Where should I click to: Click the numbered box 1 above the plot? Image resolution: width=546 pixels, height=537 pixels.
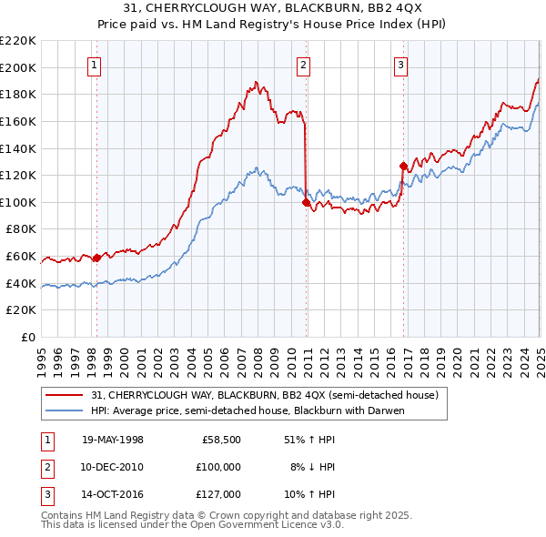[x=96, y=64]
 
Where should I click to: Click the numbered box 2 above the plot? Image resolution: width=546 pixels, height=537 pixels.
[x=303, y=64]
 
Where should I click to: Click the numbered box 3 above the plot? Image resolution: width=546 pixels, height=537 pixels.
[x=401, y=64]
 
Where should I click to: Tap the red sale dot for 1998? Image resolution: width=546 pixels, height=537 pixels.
[x=97, y=258]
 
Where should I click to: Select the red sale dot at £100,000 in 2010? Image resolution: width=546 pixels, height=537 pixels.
[x=306, y=202]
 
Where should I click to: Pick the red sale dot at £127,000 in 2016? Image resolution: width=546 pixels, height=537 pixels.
[x=403, y=166]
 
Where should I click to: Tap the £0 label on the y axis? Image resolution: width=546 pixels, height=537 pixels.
[x=29, y=338]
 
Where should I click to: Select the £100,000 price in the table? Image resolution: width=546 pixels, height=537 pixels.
[x=218, y=467]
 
